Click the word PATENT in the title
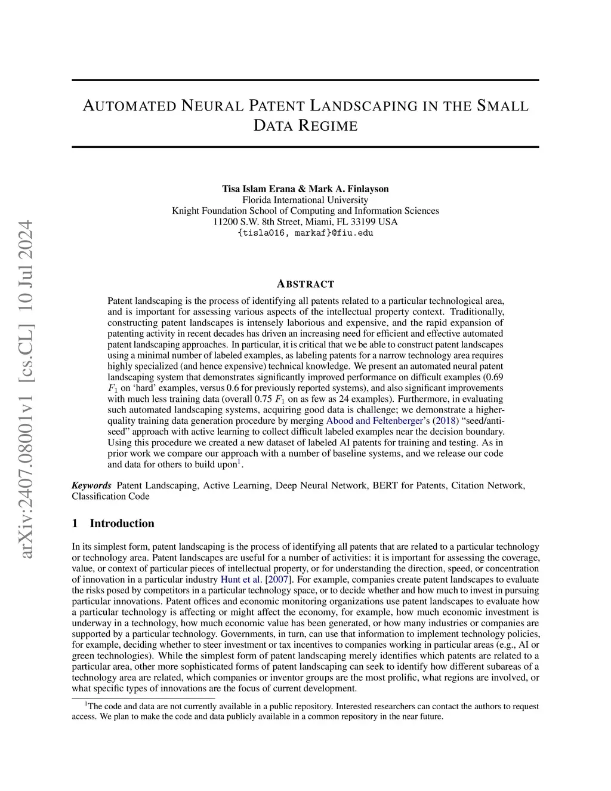[276, 106]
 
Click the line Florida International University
[305, 200]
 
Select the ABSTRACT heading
[305, 284]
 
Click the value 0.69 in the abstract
[495, 377]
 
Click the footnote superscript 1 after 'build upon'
[239, 461]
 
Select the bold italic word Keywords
[91, 485]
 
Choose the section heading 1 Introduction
[113, 524]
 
